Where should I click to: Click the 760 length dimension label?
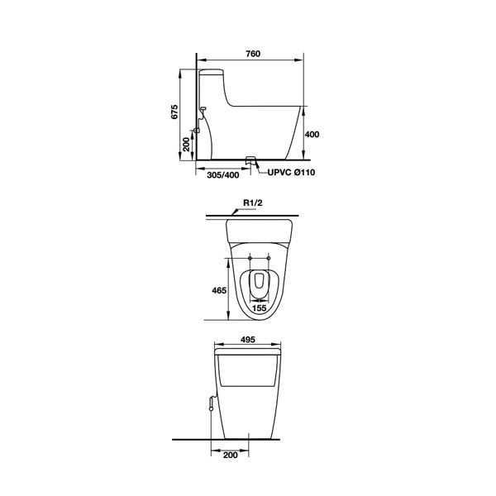253,55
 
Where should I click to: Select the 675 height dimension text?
174,114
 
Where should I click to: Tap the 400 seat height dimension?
312,134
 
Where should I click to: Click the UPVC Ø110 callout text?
290,173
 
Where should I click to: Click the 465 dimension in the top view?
218,291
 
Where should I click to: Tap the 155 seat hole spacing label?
259,308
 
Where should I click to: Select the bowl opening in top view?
259,281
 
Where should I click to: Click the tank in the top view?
259,229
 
